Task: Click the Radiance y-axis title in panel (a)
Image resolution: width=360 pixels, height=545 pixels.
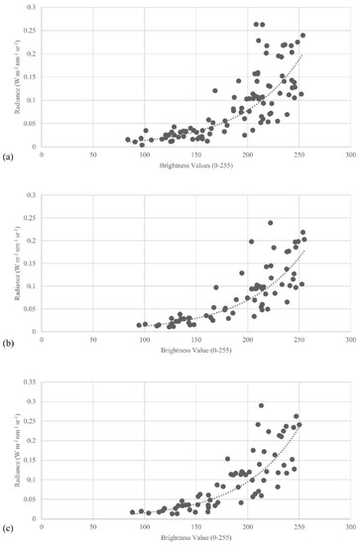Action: click(x=21, y=77)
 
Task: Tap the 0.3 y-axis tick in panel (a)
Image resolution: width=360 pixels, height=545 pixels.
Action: click(x=34, y=7)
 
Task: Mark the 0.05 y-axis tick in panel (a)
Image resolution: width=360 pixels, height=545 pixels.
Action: click(x=32, y=123)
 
